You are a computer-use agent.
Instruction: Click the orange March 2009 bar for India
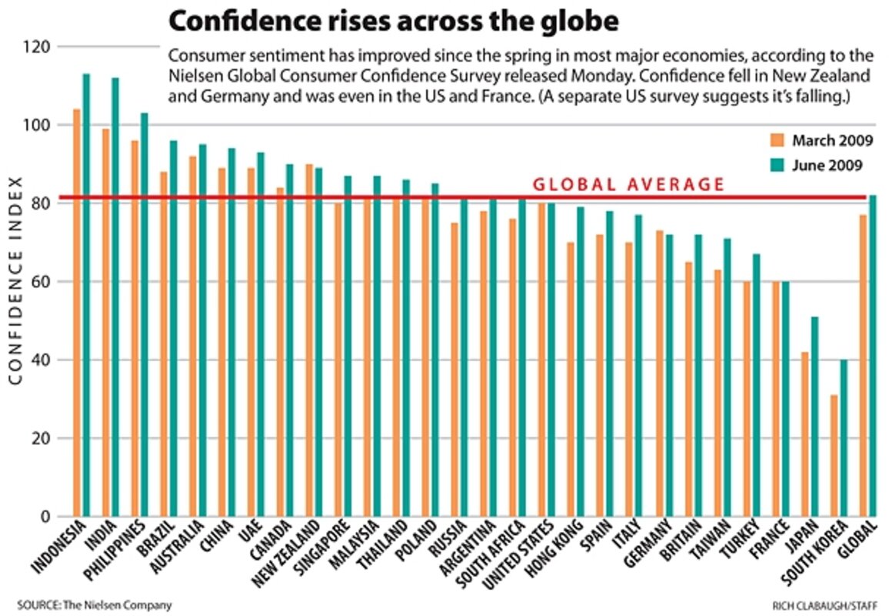click(x=105, y=323)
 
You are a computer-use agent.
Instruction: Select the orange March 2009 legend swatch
click(x=777, y=140)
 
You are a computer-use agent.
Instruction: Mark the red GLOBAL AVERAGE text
click(x=629, y=185)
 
